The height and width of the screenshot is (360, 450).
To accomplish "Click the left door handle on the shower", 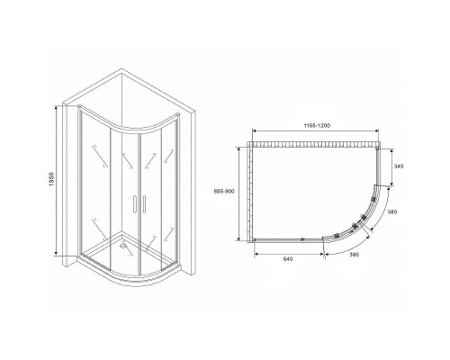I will [x=133, y=205].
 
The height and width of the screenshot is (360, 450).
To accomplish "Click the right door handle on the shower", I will [x=140, y=205].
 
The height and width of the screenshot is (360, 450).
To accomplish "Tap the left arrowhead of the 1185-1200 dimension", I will [x=254, y=136].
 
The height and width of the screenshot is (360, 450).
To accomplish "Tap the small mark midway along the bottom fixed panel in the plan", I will [x=300, y=238].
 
